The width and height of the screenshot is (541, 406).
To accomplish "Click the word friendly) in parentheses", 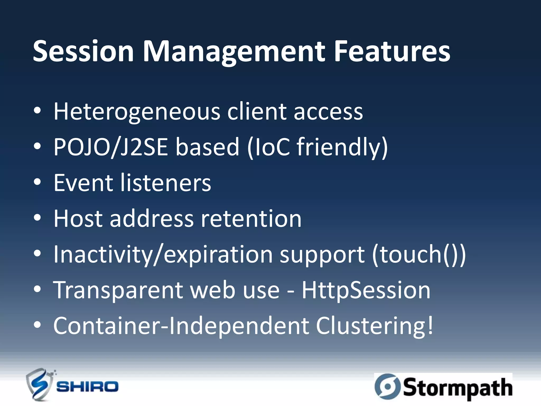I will pyautogui.click(x=342, y=147).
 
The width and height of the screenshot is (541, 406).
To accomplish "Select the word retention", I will pyautogui.click(x=251, y=218).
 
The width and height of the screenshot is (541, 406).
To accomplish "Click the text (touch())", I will pyautogui.click(x=419, y=254).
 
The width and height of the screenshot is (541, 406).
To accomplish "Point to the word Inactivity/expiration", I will pyautogui.click(x=163, y=254).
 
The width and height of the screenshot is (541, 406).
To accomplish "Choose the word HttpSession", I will pyautogui.click(x=366, y=290).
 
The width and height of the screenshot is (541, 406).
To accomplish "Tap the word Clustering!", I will pyautogui.click(x=375, y=326).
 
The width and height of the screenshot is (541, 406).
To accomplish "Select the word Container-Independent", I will pyautogui.click(x=181, y=326).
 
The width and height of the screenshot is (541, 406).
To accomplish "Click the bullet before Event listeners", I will pyautogui.click(x=38, y=182).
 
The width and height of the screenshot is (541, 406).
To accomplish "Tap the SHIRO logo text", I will pyautogui.click(x=87, y=387).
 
